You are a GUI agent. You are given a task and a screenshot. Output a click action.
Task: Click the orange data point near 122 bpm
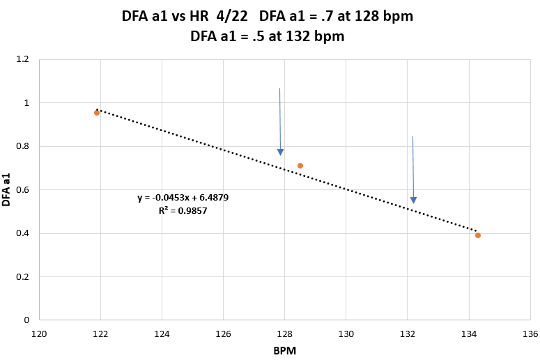coord(97,112)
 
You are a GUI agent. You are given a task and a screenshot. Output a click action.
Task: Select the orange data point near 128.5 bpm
coord(300,166)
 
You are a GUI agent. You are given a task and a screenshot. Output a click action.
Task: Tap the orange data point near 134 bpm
coord(478,235)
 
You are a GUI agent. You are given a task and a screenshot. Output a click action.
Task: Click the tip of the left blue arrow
coord(281,155)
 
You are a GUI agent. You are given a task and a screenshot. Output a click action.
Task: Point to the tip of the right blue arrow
coord(413,203)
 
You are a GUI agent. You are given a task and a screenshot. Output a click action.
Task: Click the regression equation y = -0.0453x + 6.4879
coord(183,198)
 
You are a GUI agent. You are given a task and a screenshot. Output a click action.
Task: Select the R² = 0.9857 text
coord(183,210)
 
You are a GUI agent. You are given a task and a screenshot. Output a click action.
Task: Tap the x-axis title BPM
coord(284,352)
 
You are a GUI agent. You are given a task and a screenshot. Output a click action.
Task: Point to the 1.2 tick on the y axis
coord(22,60)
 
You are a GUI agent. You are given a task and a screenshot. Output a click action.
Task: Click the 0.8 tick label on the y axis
coord(22,147)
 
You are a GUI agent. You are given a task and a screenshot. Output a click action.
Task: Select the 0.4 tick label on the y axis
coord(22,233)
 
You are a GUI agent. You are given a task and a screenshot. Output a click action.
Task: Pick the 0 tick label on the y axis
coord(26,320)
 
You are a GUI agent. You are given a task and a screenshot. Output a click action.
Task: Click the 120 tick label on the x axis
coord(40,334)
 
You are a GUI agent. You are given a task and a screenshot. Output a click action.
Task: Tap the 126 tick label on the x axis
coord(224,334)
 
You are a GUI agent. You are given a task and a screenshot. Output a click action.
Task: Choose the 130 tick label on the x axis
coord(346,334)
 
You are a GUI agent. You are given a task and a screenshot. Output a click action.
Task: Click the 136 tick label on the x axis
coord(530,334)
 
